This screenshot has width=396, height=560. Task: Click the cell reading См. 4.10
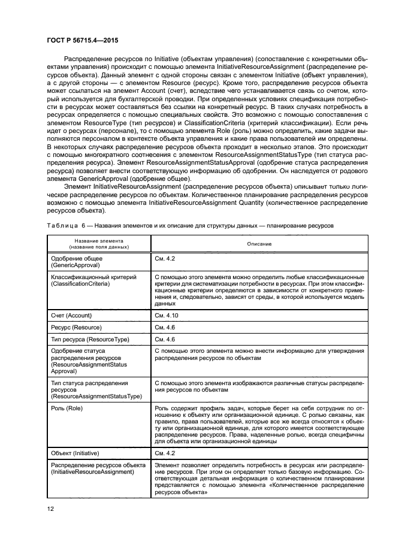coord(166,315)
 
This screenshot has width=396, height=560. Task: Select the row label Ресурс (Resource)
coord(77,328)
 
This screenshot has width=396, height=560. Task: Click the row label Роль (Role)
coord(67,408)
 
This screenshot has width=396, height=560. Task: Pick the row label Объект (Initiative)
coord(75,453)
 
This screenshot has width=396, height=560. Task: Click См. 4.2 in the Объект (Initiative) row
coord(165,453)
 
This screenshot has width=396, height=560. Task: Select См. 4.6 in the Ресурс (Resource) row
coord(165,328)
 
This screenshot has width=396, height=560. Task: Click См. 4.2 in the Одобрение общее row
coord(165,258)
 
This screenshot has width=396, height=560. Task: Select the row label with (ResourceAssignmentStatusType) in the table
coord(96,396)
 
